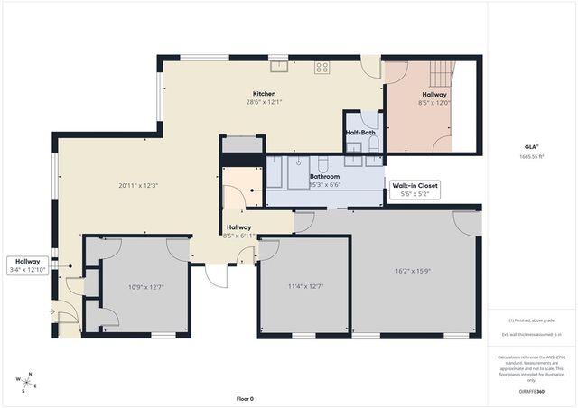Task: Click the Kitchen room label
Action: [265, 94]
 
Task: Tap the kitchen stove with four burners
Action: [322, 66]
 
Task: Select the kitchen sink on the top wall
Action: [279, 65]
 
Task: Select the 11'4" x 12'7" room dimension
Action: [304, 287]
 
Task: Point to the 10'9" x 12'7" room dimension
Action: [145, 287]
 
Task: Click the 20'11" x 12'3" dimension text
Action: [138, 185]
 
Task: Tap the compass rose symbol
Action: [28, 382]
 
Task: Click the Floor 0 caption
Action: [245, 398]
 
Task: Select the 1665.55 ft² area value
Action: [532, 156]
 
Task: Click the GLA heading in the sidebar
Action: [531, 145]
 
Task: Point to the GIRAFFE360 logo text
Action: [532, 393]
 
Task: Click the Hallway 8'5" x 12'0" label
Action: [433, 98]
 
